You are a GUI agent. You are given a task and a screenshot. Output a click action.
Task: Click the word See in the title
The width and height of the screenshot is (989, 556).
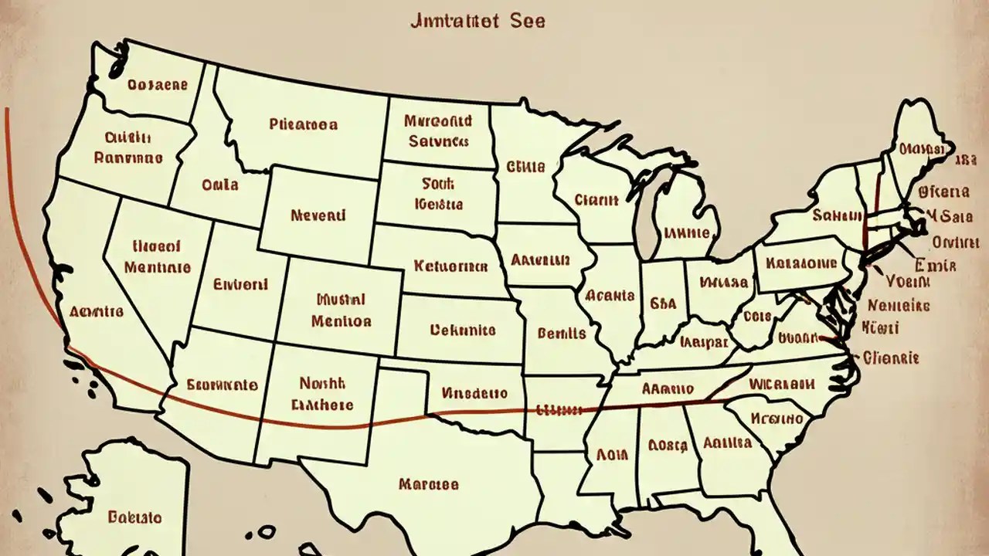pyautogui.click(x=528, y=21)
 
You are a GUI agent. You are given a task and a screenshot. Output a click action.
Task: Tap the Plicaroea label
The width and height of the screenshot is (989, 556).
pyautogui.click(x=303, y=124)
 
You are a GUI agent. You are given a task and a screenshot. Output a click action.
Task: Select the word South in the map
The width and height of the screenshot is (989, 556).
pyautogui.click(x=437, y=184)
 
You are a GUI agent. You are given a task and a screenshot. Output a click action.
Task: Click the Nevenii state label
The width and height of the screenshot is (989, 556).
pyautogui.click(x=318, y=215)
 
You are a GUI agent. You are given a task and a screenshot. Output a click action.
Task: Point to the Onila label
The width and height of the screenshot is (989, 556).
pyautogui.click(x=219, y=185)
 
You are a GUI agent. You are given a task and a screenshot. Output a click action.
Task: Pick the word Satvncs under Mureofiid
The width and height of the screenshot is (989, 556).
pyautogui.click(x=438, y=142)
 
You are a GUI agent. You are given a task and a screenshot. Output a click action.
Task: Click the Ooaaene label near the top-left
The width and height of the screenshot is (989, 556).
pyautogui.click(x=158, y=84)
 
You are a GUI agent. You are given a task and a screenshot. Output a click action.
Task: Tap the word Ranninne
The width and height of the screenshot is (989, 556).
pyautogui.click(x=128, y=158)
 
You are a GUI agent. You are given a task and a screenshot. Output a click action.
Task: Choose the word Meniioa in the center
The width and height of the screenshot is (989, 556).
pyautogui.click(x=341, y=320)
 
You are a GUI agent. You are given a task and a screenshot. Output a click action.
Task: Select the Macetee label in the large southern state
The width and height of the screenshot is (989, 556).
pyautogui.click(x=428, y=485)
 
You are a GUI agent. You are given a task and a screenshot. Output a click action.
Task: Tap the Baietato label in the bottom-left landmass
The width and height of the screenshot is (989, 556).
pyautogui.click(x=134, y=517)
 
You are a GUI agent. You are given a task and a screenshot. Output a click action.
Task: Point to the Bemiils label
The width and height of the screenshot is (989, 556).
pyautogui.click(x=561, y=334)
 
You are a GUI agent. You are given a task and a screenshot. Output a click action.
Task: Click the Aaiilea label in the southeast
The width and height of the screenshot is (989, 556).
pyautogui.click(x=727, y=443)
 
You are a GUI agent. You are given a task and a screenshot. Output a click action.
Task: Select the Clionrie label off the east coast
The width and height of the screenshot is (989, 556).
pyautogui.click(x=891, y=358)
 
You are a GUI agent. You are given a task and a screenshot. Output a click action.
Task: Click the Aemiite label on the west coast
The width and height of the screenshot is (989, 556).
pyautogui.click(x=96, y=312)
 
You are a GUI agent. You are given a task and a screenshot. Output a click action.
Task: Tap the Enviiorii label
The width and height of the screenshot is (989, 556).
pyautogui.click(x=240, y=284)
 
